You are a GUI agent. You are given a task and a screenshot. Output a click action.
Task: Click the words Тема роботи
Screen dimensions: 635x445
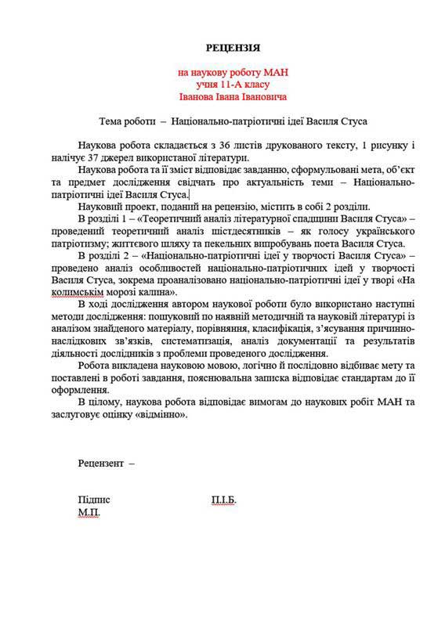pos(126,122)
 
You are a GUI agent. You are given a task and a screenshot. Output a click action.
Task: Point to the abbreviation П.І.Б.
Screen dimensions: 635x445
pos(223,500)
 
